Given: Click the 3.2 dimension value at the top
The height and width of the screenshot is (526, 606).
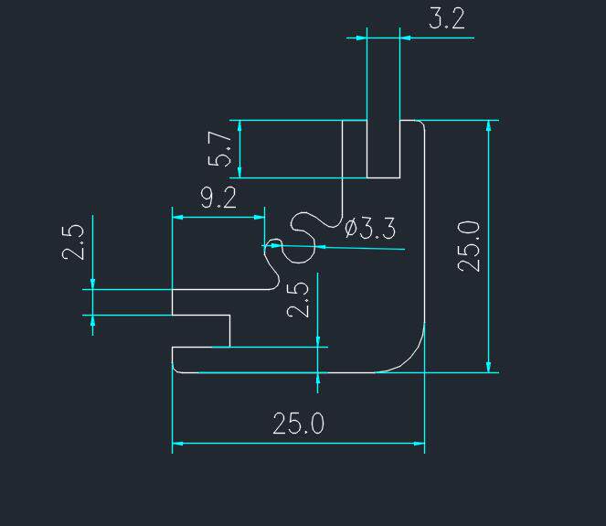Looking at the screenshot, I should (446, 19).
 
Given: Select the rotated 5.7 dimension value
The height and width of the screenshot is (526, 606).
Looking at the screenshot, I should (220, 148).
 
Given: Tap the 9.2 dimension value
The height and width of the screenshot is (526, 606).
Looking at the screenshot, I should (218, 199).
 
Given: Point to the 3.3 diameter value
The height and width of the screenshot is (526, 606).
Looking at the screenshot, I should (377, 228).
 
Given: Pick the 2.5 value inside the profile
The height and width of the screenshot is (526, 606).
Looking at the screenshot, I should (299, 298).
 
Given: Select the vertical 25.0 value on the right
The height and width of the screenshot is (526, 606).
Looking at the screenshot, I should (469, 245).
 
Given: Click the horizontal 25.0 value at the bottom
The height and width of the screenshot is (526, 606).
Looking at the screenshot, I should (298, 424).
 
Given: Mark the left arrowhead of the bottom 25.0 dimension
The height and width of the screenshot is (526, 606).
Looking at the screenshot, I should (177, 444).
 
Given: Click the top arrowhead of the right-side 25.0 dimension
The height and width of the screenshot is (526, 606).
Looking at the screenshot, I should (490, 125).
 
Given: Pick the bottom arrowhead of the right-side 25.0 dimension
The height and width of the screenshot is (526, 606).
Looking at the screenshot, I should (490, 367).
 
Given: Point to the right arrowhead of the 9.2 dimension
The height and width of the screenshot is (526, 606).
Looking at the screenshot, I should (260, 217).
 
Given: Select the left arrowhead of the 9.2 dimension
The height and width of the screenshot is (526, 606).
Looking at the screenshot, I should (177, 217).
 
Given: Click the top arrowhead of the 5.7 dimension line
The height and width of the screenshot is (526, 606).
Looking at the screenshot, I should (239, 125).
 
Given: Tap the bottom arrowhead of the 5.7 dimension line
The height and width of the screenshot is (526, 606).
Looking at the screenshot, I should (239, 173).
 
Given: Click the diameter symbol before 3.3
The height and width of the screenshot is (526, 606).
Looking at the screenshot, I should (351, 227).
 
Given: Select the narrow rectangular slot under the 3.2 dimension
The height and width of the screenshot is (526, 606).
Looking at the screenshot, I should (383, 148).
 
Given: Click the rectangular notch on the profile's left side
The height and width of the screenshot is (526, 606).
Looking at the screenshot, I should (201, 330).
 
